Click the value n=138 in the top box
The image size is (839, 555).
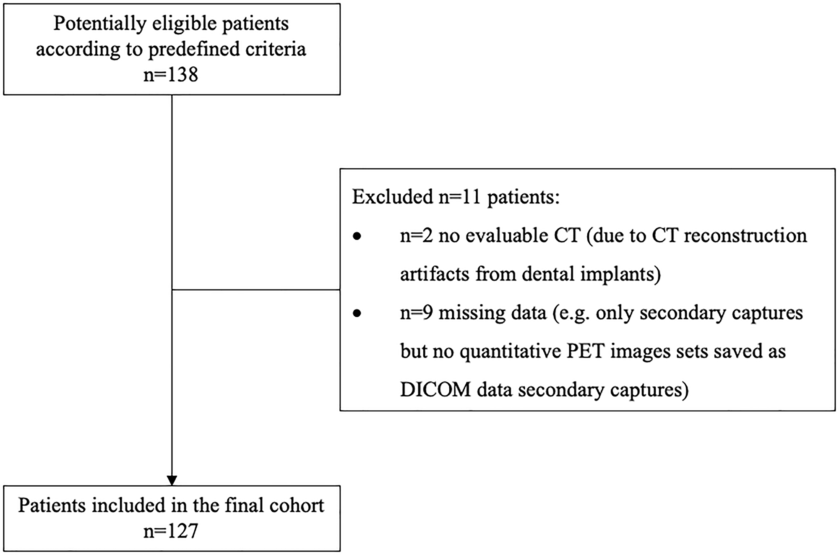171,75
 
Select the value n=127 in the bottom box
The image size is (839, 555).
171,532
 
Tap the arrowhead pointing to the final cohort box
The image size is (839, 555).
172,480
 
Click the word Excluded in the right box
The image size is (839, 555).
392,197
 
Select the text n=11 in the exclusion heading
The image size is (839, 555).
460,197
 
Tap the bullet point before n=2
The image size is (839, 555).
357,237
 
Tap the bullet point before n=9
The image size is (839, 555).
357,313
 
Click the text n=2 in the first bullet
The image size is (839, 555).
416,236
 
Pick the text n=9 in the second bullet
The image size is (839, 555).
416,313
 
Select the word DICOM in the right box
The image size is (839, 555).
435,390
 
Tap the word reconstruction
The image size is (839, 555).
745,236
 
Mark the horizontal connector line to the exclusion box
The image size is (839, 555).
256,289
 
